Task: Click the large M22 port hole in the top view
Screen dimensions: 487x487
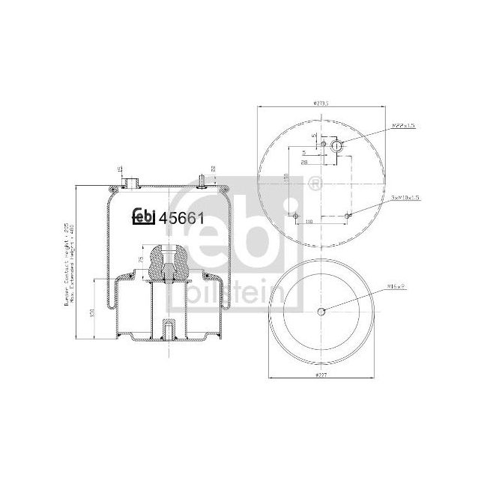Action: pyautogui.click(x=337, y=146)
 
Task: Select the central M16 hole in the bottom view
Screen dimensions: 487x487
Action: pyautogui.click(x=321, y=312)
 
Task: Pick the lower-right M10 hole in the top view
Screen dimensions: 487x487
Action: pyautogui.click(x=348, y=217)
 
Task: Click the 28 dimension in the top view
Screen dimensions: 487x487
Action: pyautogui.click(x=306, y=161)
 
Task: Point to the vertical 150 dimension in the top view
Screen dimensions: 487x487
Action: pyautogui.click(x=287, y=181)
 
